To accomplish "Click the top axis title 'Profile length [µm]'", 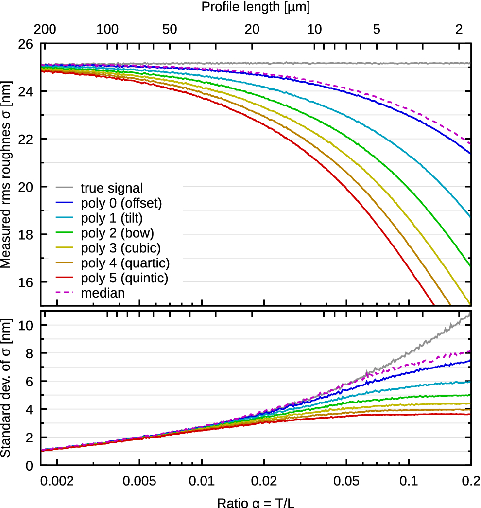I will pyautogui.click(x=255, y=7).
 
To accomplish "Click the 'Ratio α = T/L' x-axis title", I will pyautogui.click(x=255, y=501).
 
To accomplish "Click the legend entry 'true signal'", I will pyautogui.click(x=112, y=188).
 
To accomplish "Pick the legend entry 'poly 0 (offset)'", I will pyautogui.click(x=121, y=203).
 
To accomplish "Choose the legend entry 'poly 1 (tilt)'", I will pyautogui.click(x=112, y=218).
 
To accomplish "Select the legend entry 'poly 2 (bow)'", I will pyautogui.click(x=117, y=233).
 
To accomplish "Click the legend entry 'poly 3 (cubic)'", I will pyautogui.click(x=120, y=248).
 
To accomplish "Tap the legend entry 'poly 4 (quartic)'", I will pyautogui.click(x=125, y=263).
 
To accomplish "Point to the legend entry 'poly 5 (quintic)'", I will pyautogui.click(x=124, y=278).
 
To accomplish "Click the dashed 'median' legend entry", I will pyautogui.click(x=103, y=293).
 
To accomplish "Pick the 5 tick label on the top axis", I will pyautogui.click(x=376, y=29).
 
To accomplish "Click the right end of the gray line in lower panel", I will pyautogui.click(x=470, y=315).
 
